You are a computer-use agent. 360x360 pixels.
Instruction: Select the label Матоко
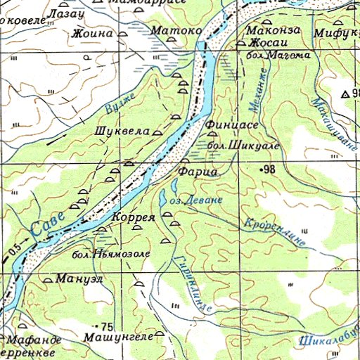coord(176,31)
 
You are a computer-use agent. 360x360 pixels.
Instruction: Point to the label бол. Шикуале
coord(244,145)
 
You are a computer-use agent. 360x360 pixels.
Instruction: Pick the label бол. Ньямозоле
coord(110,253)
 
